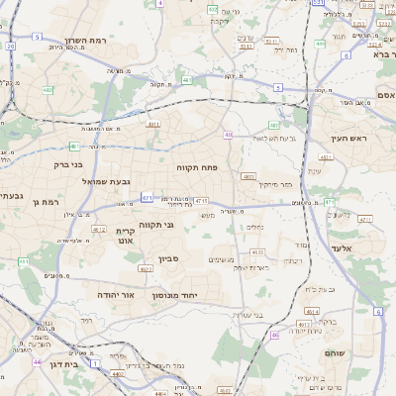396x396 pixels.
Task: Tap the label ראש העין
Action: (x=349, y=138)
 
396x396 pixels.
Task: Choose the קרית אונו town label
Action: (x=124, y=236)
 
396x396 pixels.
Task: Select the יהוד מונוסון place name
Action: (x=176, y=295)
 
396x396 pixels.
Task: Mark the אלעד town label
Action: (x=342, y=247)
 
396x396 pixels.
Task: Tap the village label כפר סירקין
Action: (x=275, y=184)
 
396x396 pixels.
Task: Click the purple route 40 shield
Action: (x=229, y=135)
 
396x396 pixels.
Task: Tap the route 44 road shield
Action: (x=37, y=362)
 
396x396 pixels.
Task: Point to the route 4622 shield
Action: (x=145, y=268)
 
